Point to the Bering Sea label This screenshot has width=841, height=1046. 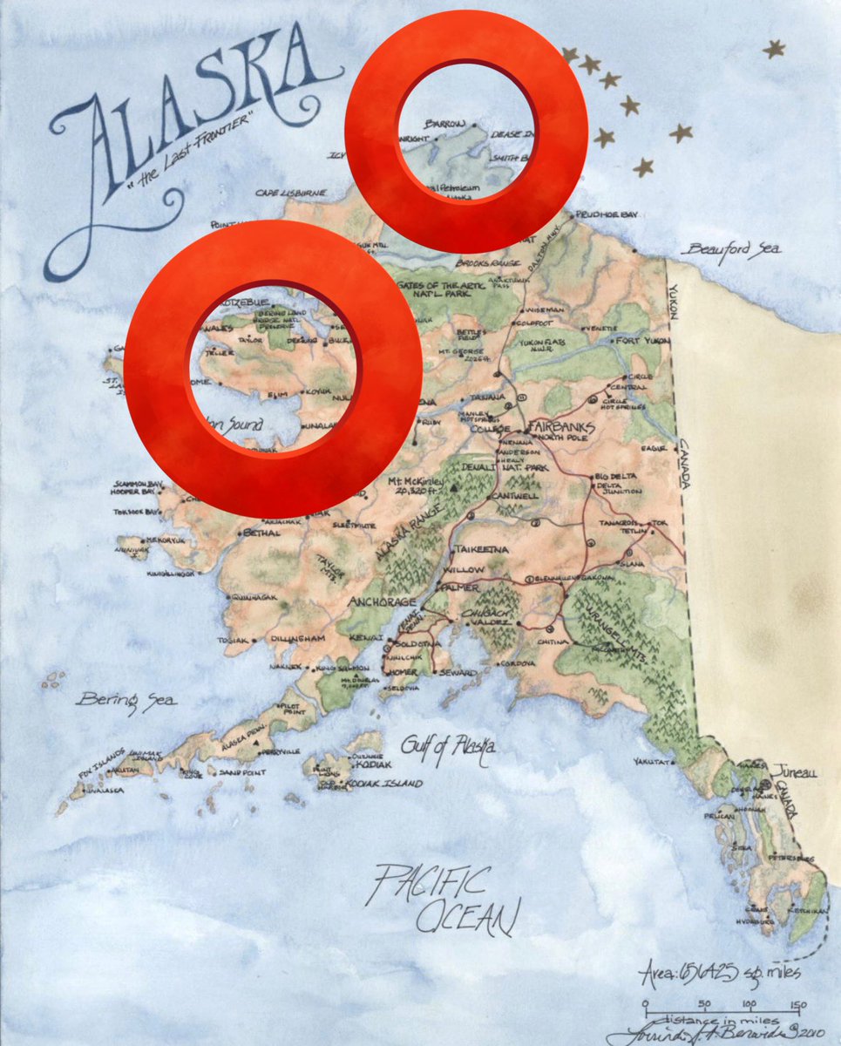(125, 699)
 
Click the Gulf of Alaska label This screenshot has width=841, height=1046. (448, 745)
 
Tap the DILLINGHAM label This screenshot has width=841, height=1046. (301, 639)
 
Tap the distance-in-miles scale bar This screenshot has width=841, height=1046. (720, 1005)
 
